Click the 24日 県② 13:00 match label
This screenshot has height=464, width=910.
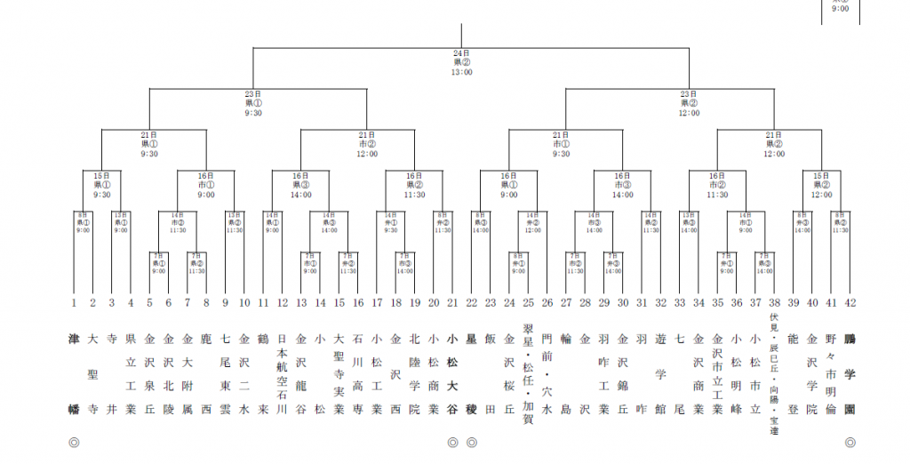point(462,62)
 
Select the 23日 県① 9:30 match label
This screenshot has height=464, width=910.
point(252,102)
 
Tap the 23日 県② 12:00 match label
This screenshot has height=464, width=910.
point(688,102)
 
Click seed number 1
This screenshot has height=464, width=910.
point(74,303)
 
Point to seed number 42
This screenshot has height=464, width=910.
point(850,303)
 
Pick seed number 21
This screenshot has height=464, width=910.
point(452,303)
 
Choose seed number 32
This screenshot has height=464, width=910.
point(660,303)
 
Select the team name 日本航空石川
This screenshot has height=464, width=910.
point(282,373)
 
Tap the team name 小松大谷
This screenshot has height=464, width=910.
point(452,373)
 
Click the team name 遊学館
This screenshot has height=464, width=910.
point(660,373)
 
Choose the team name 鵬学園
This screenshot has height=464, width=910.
point(850,373)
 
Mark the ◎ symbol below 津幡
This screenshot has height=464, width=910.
point(74,442)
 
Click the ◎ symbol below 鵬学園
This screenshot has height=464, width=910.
point(850,442)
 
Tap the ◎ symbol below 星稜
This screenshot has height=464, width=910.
point(472,442)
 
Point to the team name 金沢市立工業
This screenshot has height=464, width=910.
point(717,373)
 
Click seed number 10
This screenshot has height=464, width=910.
point(244,303)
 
